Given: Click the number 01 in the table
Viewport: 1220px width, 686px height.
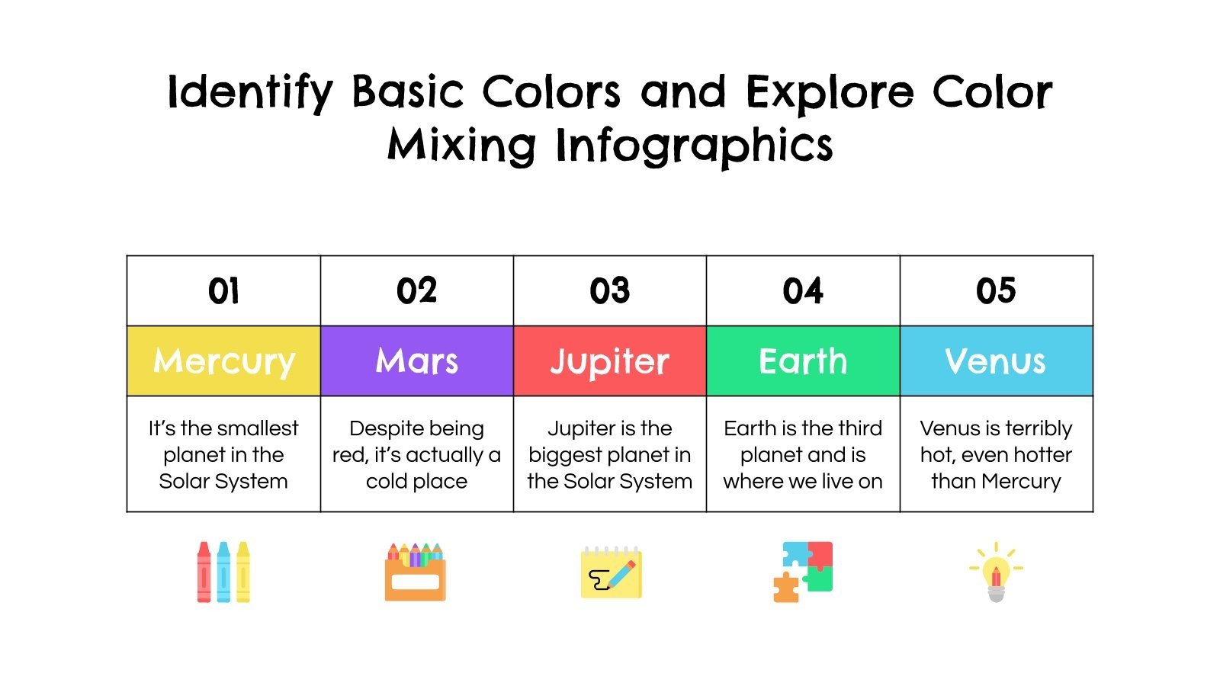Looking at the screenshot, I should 223,291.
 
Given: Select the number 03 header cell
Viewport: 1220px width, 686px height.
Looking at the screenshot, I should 609,291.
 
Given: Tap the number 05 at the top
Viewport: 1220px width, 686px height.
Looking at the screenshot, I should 996,291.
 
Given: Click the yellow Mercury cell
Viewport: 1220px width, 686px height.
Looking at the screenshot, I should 223,361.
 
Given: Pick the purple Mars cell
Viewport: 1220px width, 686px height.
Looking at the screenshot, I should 416,361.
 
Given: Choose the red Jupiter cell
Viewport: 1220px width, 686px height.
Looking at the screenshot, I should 609,361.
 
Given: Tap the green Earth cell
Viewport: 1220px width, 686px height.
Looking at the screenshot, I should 803,361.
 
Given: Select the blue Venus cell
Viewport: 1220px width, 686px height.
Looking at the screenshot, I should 996,361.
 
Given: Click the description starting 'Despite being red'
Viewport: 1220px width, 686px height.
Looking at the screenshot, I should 416,454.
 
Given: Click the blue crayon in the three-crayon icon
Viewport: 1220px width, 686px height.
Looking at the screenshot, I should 223,572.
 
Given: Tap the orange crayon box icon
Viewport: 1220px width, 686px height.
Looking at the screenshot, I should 415,573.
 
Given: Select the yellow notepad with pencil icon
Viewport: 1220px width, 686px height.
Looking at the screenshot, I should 611,572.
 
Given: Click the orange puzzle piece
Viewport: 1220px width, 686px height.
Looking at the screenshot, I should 785,588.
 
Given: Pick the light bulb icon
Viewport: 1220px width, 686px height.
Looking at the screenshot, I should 996,573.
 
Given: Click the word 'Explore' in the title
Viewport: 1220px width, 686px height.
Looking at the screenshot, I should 830,93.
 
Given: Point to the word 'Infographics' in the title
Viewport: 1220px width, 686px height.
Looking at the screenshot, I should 694,145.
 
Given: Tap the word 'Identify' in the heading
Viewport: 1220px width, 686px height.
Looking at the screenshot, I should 250,93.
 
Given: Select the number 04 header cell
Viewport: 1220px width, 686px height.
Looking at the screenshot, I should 803,291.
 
